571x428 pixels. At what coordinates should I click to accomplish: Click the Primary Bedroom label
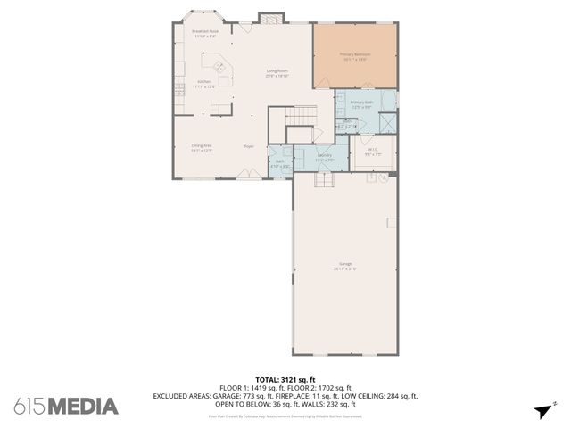(x=355, y=55)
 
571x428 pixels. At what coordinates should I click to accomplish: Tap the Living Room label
(x=277, y=73)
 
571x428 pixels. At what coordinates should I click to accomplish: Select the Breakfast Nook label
(x=205, y=34)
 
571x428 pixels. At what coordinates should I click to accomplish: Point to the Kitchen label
(x=205, y=84)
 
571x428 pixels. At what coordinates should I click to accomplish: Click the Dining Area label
(x=202, y=148)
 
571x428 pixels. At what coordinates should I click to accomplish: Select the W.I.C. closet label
(x=373, y=151)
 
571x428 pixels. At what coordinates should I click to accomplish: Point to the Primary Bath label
(x=360, y=104)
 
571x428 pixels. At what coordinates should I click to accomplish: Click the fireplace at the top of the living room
(x=269, y=18)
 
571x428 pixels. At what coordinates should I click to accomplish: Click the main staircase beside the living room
(x=301, y=116)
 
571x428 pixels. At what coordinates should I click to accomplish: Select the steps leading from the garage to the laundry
(x=323, y=181)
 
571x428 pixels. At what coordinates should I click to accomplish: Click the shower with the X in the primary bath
(x=387, y=122)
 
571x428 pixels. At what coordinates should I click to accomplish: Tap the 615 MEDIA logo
(x=66, y=406)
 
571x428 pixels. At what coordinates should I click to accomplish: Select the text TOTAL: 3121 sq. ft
(x=285, y=379)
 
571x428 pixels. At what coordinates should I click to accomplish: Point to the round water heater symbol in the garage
(x=385, y=177)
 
